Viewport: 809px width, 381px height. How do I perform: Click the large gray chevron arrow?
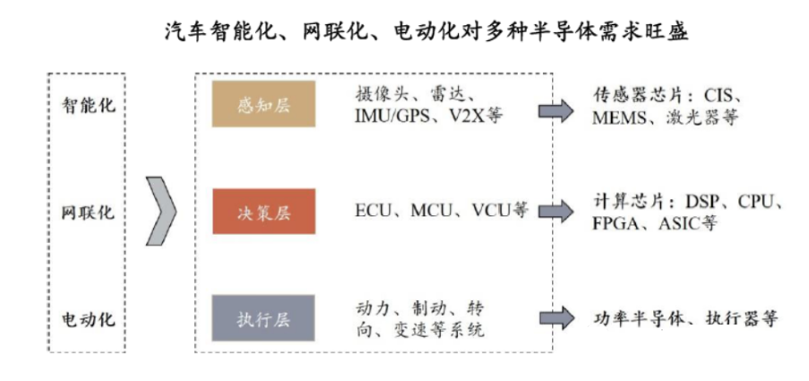[x=160, y=212]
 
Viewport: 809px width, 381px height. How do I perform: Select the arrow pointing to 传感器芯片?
[x=555, y=108]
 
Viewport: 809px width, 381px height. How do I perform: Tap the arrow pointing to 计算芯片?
[x=555, y=212]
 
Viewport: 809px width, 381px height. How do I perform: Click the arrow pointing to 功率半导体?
[x=555, y=318]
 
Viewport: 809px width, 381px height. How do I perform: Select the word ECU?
[x=374, y=212]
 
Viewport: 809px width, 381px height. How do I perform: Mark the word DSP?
[x=703, y=202]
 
